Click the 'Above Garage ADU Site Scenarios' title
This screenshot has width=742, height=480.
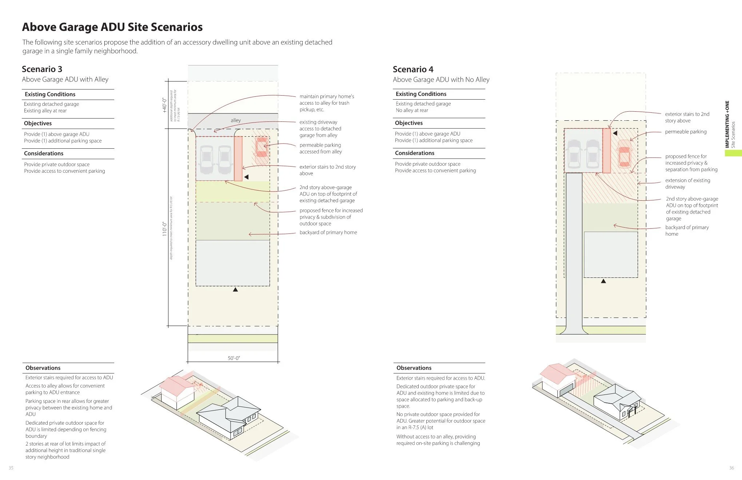click(112, 27)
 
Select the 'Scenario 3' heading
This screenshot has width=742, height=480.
click(42, 69)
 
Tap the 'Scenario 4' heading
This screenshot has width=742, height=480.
click(413, 69)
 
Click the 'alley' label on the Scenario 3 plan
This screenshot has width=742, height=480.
click(236, 120)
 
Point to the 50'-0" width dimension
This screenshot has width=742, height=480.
click(234, 358)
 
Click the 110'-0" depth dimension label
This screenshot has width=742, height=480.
click(164, 229)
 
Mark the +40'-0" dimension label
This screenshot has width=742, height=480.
click(164, 105)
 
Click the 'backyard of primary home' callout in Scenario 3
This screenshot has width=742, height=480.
click(328, 232)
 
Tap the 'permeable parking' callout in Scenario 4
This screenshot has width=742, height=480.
click(686, 132)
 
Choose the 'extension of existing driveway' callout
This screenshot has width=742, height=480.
click(687, 184)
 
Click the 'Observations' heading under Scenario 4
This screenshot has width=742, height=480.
click(414, 368)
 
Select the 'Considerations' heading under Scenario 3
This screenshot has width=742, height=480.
click(44, 153)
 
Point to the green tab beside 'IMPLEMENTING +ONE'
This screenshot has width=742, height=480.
click(733, 153)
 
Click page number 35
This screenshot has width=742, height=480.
click(11, 468)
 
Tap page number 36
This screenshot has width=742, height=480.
click(731, 468)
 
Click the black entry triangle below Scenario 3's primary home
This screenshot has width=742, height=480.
click(235, 290)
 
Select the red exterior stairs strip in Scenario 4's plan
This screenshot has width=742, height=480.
click(606, 151)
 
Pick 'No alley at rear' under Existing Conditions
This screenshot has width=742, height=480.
click(412, 110)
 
